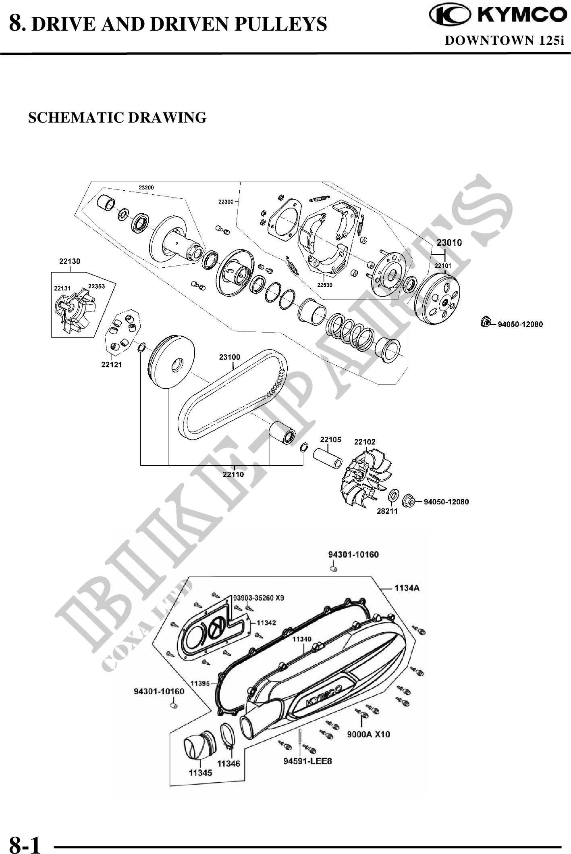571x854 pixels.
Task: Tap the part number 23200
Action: coord(146,187)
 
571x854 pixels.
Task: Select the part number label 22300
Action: coord(226,202)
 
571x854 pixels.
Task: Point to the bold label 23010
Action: coord(449,243)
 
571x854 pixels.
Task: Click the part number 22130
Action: coord(70,261)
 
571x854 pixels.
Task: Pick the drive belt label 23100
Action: coord(230,357)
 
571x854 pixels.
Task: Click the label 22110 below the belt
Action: coord(233,474)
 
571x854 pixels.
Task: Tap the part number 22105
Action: coord(330,439)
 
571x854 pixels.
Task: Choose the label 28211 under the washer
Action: coord(387,511)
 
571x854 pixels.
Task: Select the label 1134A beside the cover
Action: coord(407,588)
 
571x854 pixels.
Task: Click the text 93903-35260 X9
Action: coord(259,598)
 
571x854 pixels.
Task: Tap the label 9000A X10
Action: coord(368,734)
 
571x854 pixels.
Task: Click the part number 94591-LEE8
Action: coord(307,761)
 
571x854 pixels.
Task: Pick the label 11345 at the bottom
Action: coord(200,773)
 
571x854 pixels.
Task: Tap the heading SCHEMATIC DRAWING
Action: coord(117,118)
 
